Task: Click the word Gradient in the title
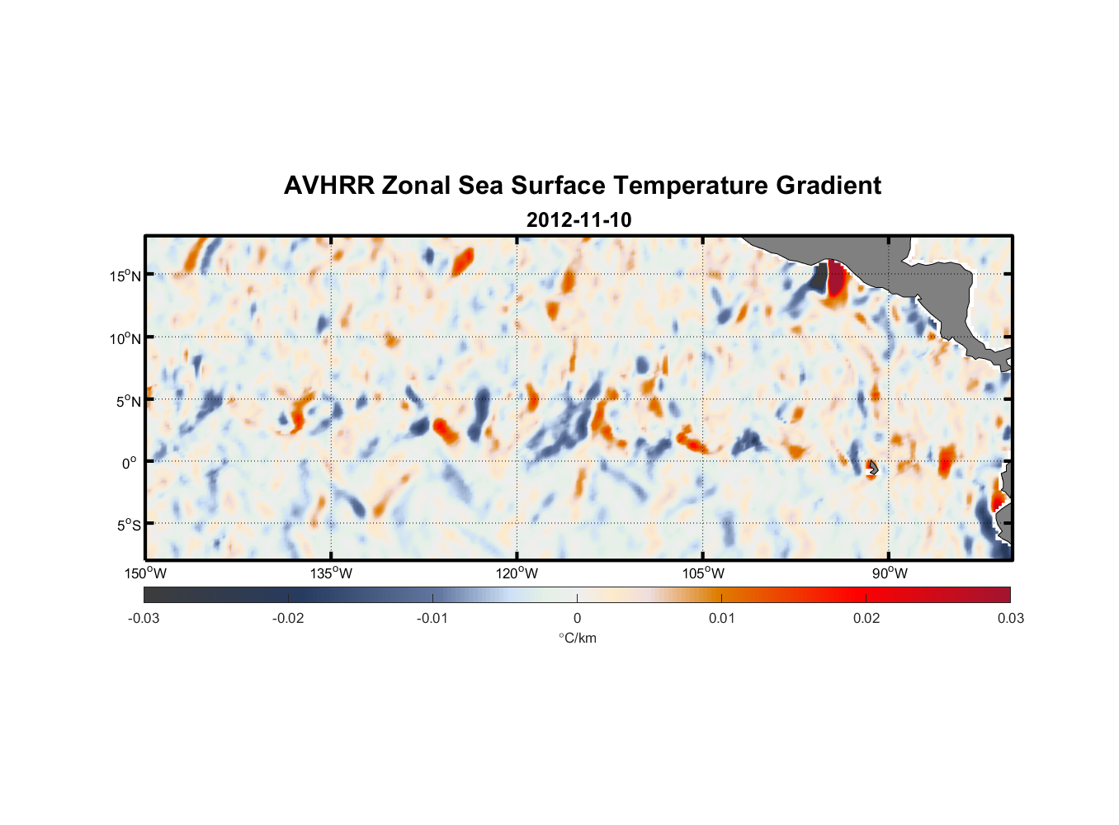coord(829,186)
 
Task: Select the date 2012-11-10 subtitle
coord(578,220)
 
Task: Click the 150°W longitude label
coord(145,573)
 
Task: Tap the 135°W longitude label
coord(331,573)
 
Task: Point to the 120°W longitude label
coord(517,573)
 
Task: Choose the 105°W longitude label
coord(703,573)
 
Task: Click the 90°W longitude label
coord(890,573)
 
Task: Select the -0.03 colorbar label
coord(144,618)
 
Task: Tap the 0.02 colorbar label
coord(866,618)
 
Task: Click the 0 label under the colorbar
coord(577,618)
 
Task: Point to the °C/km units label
coord(578,638)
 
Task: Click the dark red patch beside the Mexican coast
coord(836,279)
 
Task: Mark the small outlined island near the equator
coord(872,468)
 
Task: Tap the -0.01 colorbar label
coord(432,618)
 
